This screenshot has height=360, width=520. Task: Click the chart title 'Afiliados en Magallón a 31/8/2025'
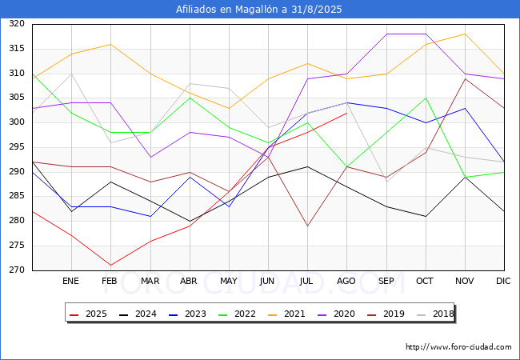pyautogui.click(x=258, y=10)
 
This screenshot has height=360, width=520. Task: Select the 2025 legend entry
pyautogui.click(x=88, y=314)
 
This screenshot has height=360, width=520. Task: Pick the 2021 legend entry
pyautogui.click(x=286, y=314)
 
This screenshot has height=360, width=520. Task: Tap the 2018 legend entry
pyautogui.click(x=435, y=314)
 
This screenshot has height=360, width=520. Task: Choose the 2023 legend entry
pyautogui.click(x=187, y=314)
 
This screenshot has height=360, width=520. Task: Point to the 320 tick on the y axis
pyautogui.click(x=17, y=24)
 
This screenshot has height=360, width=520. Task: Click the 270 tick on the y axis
pyautogui.click(x=17, y=270)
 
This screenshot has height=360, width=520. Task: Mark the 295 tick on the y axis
pyautogui.click(x=17, y=147)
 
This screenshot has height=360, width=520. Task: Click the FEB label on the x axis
pyautogui.click(x=110, y=281)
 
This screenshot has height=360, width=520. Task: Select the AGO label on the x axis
pyautogui.click(x=346, y=281)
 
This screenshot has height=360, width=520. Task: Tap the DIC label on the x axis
pyautogui.click(x=503, y=281)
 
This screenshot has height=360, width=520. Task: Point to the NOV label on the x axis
pyautogui.click(x=464, y=281)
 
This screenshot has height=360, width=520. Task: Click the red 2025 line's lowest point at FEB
pyautogui.click(x=110, y=265)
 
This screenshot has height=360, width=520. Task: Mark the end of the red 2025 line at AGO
pyautogui.click(x=347, y=113)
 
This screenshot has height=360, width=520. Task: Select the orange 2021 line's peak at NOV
pyautogui.click(x=466, y=34)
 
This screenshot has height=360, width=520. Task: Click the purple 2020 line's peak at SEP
pyautogui.click(x=386, y=34)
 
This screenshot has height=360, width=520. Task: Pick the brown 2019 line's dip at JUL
pyautogui.click(x=308, y=226)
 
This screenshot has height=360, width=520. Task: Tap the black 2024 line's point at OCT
pyautogui.click(x=426, y=217)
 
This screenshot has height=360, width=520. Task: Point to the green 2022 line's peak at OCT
pyautogui.click(x=426, y=98)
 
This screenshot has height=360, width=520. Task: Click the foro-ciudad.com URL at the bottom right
pyautogui.click(x=458, y=347)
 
